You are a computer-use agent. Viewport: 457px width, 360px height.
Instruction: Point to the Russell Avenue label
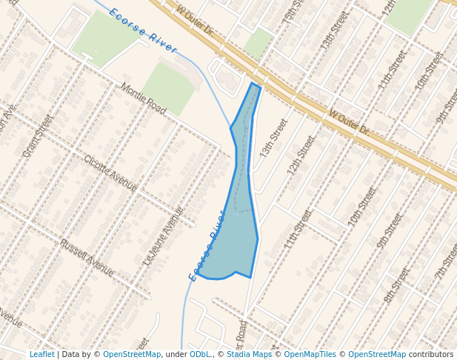point(87,258)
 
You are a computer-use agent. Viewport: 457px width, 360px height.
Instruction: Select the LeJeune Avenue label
point(164,236)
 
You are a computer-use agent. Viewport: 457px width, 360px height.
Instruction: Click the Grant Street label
point(39,136)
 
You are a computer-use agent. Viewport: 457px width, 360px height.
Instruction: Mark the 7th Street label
point(446,260)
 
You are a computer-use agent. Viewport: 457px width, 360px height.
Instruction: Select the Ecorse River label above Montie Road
point(143,30)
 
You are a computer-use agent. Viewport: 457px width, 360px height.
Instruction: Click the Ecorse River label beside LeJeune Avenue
point(207,256)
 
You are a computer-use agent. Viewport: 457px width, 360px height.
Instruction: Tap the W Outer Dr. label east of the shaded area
point(349,123)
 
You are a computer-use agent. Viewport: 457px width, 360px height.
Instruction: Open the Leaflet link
point(41,355)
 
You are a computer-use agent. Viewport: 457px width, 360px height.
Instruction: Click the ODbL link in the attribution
point(200,355)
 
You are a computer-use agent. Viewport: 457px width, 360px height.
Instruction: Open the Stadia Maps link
point(249,355)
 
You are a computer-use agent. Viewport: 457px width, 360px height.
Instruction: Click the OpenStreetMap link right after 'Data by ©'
point(132,355)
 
